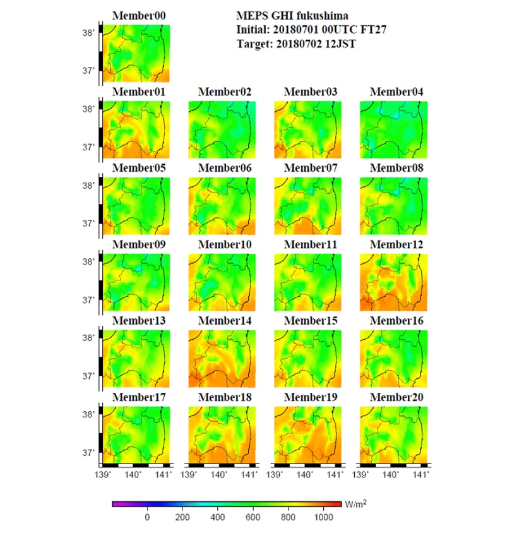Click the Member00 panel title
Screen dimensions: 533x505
[x=139, y=16]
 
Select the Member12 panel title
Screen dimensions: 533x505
[x=396, y=244]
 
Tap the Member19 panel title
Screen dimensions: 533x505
[x=311, y=397]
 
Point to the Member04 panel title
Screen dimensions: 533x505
[x=396, y=92]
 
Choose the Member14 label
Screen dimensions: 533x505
[x=225, y=321]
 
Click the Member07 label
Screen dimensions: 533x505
[x=311, y=168]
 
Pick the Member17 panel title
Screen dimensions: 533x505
[x=139, y=397]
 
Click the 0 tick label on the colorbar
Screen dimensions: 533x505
[x=147, y=518]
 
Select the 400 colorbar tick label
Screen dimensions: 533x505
[x=217, y=518]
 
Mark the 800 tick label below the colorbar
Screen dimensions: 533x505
[x=287, y=518]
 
